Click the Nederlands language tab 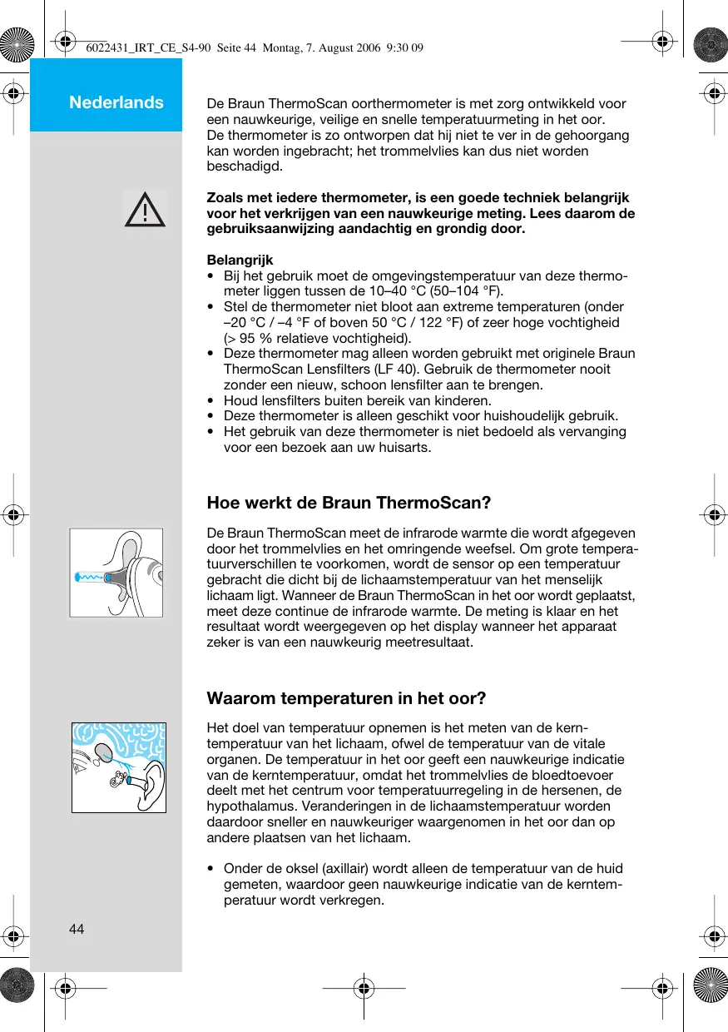coord(116,102)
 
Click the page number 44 coord(77,929)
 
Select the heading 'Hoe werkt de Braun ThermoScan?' coord(349,503)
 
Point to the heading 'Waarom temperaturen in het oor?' coord(345,697)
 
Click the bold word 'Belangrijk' coord(240,260)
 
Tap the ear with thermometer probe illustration coord(116,573)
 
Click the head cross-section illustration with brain coord(118,767)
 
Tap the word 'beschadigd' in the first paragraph coord(244,166)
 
